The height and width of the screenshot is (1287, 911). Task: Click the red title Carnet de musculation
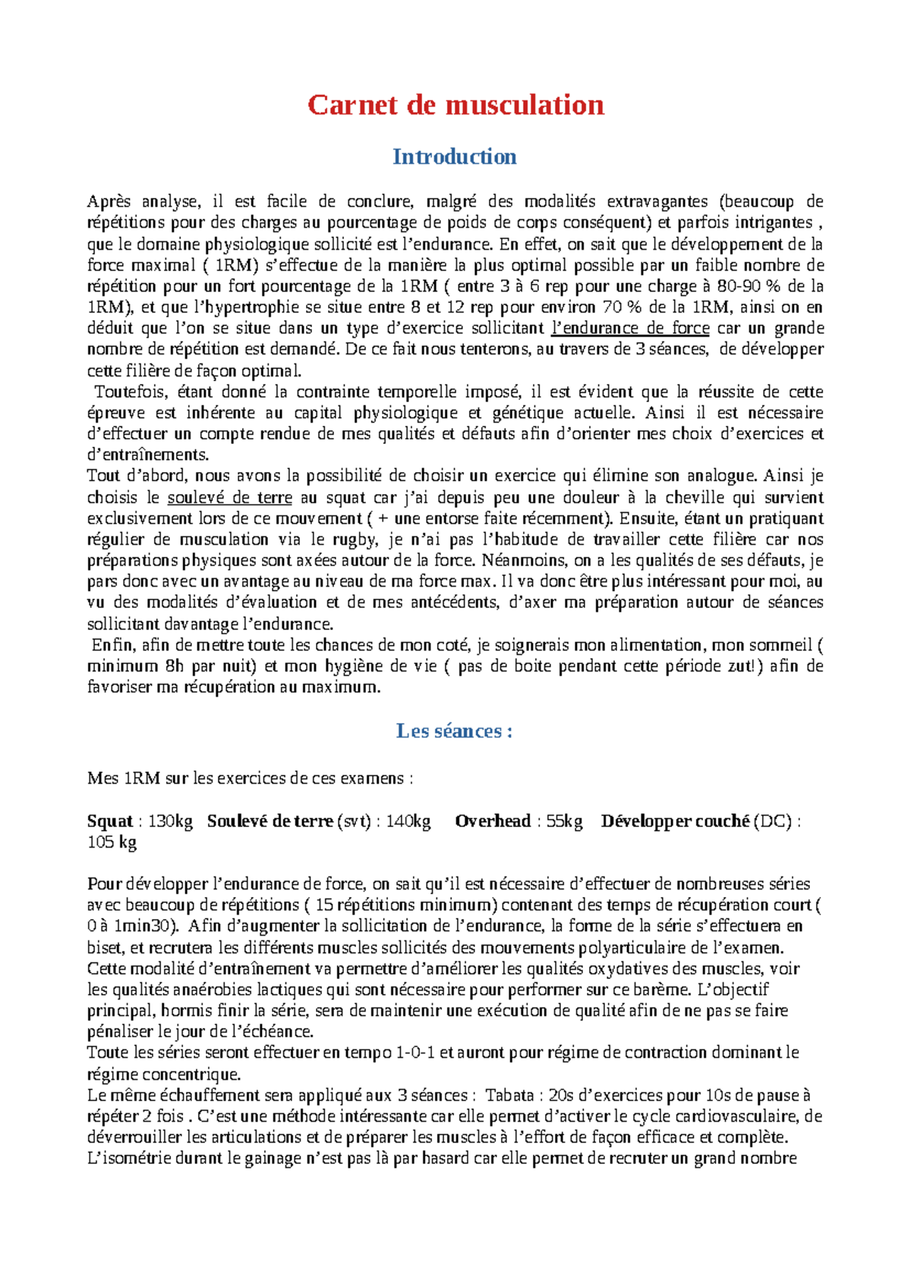pyautogui.click(x=455, y=105)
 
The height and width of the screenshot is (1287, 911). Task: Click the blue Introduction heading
pyautogui.click(x=454, y=156)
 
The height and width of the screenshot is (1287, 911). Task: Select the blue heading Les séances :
pyautogui.click(x=454, y=731)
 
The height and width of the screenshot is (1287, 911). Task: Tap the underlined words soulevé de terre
pyautogui.click(x=229, y=498)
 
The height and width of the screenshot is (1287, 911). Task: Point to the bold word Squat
pyautogui.click(x=110, y=821)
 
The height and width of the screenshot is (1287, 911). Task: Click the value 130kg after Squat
pyautogui.click(x=170, y=821)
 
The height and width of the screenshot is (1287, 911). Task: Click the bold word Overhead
pyautogui.click(x=493, y=821)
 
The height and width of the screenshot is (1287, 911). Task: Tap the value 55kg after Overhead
pyautogui.click(x=564, y=821)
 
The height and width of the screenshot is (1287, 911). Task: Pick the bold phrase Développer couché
pyautogui.click(x=675, y=821)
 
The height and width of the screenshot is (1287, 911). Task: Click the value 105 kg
pyautogui.click(x=112, y=842)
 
